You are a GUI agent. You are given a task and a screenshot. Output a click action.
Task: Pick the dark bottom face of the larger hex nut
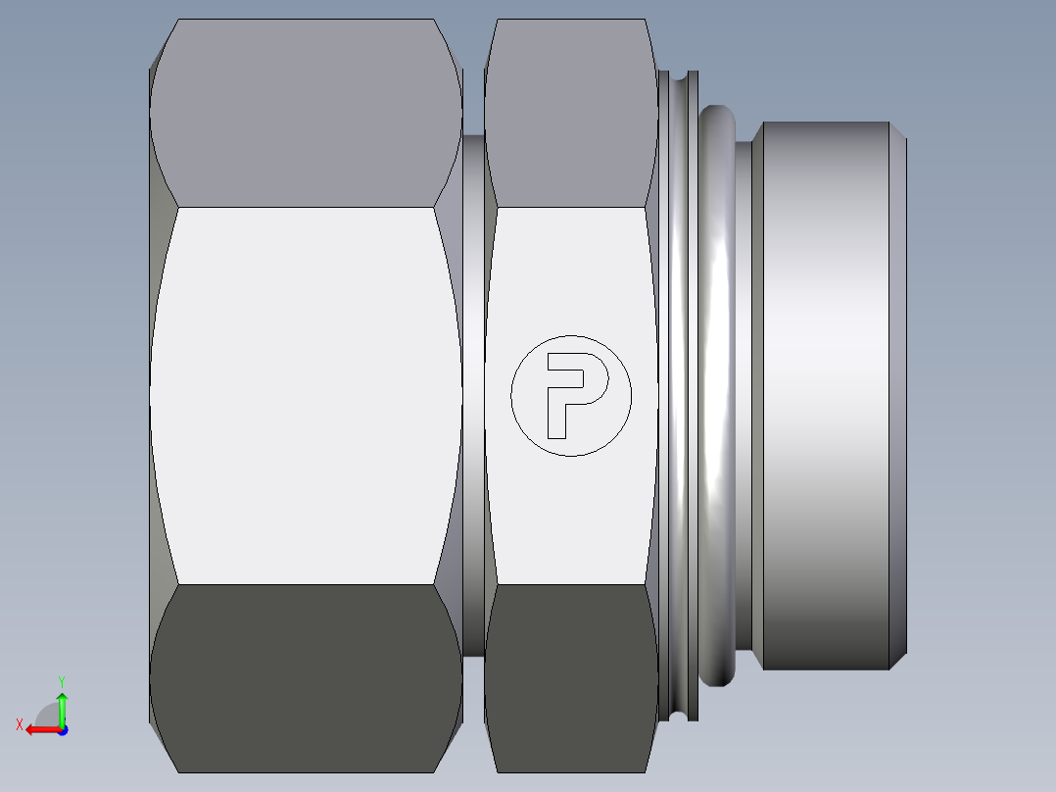[306, 676]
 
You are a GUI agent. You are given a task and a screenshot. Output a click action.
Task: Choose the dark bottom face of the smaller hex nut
[571, 676]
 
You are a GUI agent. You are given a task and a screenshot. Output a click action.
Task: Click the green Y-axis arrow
[62, 706]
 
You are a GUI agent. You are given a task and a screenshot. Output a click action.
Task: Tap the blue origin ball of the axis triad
[62, 729]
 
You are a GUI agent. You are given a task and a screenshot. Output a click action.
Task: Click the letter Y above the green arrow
[62, 680]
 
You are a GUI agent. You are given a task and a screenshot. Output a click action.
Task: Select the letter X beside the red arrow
[19, 724]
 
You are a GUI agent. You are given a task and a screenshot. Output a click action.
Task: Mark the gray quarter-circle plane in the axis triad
[49, 716]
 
